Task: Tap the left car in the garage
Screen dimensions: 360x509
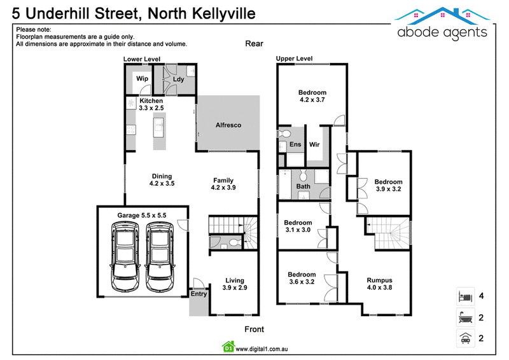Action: pos(124,256)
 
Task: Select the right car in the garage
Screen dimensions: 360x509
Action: pos(160,256)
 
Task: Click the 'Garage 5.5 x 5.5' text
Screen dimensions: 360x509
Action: pos(142,216)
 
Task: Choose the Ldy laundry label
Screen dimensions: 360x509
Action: pos(178,80)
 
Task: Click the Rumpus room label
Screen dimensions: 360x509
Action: pos(380,280)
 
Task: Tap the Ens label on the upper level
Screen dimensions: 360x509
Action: pos(295,145)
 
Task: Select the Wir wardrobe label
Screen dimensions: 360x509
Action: pos(315,145)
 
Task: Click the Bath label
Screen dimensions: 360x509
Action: pos(303,186)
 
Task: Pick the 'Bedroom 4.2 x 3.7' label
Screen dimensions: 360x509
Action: pos(312,96)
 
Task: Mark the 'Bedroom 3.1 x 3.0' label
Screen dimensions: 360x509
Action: pos(297,226)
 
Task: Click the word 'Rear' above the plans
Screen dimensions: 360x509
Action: pos(254,43)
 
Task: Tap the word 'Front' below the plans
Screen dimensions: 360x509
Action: pos(254,329)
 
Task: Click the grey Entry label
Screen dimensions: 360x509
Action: pos(199,294)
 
